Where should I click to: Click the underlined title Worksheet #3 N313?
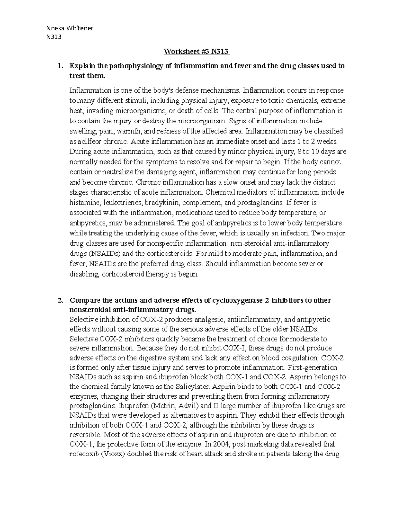(197, 52)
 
